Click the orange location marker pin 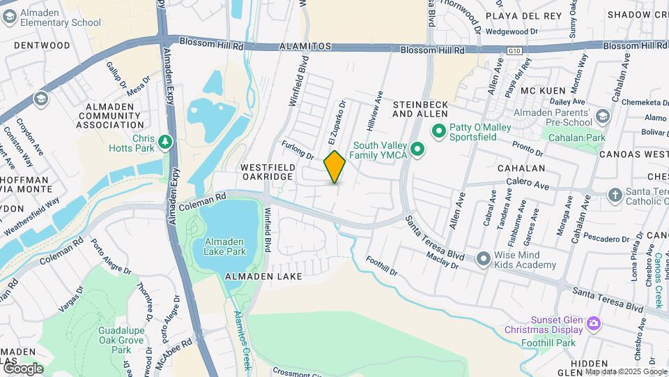pos(335,166)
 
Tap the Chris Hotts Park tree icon pos(165,142)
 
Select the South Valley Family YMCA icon pos(417,149)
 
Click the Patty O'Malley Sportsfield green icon pos(438,130)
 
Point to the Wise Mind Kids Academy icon pos(484,259)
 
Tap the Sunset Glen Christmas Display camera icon pos(593,323)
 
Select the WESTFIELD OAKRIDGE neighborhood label pos(267,172)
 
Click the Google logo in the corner pos(22,368)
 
